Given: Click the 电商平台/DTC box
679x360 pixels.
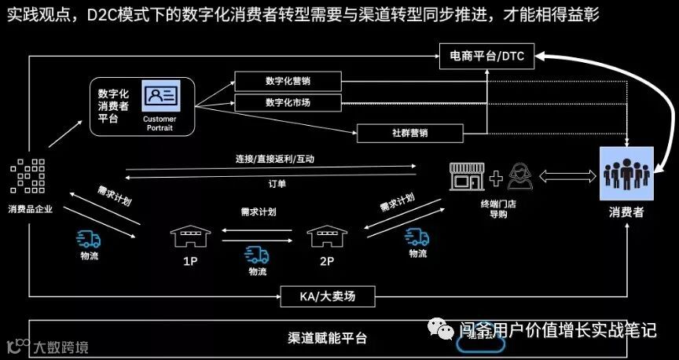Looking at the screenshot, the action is [x=486, y=56].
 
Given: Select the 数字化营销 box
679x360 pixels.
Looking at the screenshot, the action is [x=288, y=81].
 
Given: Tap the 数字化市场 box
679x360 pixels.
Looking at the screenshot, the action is [x=288, y=103].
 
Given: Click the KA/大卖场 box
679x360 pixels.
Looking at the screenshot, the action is [x=328, y=296].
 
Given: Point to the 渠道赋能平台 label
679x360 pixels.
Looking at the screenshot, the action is [x=327, y=339].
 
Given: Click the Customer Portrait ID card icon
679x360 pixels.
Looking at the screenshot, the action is [x=160, y=97].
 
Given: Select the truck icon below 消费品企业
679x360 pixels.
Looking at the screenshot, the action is [x=89, y=239].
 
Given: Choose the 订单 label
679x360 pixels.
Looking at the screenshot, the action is [x=277, y=184].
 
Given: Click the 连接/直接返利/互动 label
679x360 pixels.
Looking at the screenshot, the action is [x=277, y=159].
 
